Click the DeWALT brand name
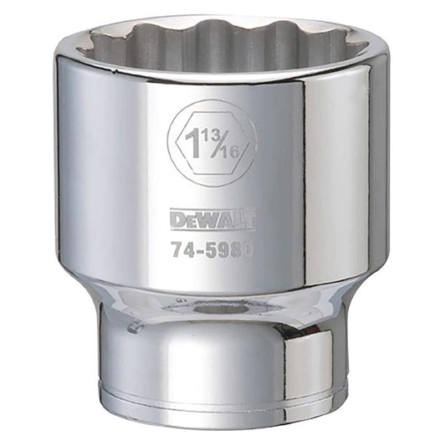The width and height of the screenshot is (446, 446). pyautogui.click(x=212, y=220)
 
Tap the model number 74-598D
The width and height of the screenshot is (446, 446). pyautogui.click(x=212, y=249)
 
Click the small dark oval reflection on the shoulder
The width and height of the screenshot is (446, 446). pyautogui.click(x=223, y=309)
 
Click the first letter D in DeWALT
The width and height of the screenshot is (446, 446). pyautogui.click(x=175, y=220)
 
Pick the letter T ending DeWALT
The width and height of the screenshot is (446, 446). pyautogui.click(x=249, y=220)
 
